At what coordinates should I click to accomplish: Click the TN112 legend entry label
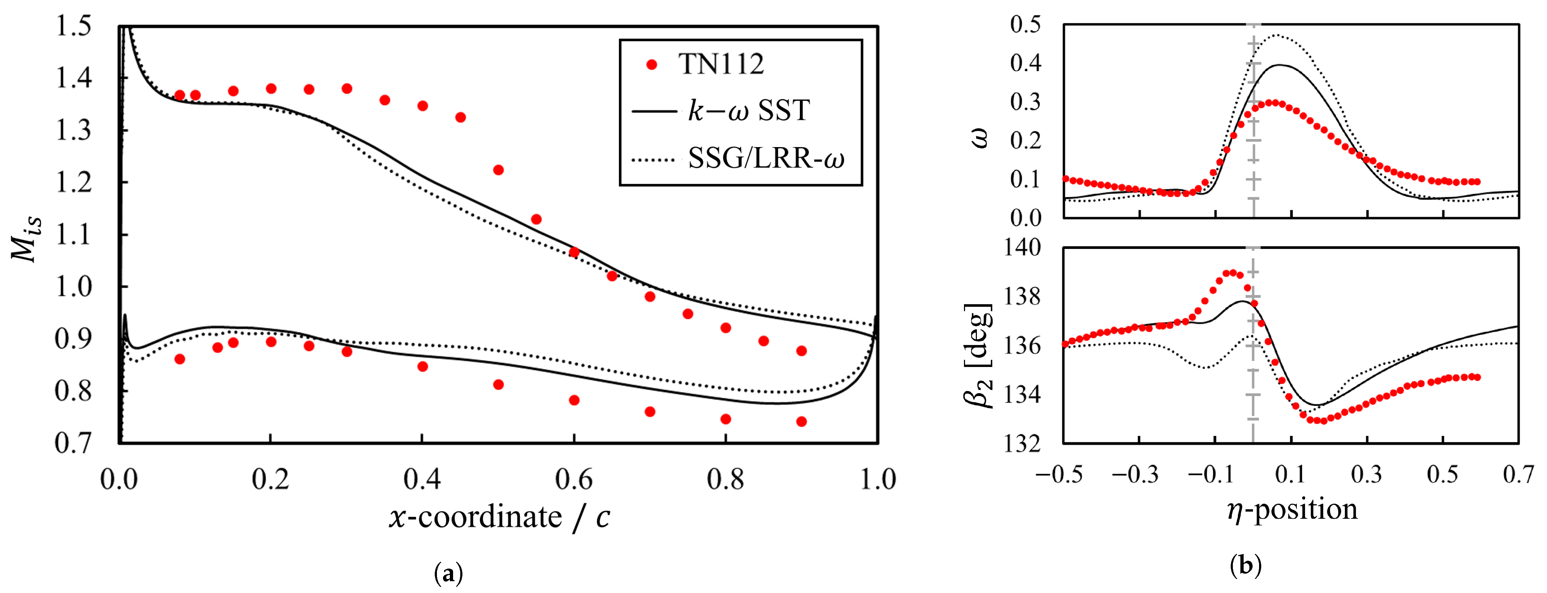[x=721, y=64]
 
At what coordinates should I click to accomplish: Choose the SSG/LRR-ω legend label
[x=766, y=159]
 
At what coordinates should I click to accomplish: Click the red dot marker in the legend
[x=652, y=64]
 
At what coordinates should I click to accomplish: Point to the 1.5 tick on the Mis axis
[x=73, y=27]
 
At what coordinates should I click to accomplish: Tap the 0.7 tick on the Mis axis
[x=73, y=443]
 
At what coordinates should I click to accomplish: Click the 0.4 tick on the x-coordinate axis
[x=422, y=479]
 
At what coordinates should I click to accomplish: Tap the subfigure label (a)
[x=448, y=574]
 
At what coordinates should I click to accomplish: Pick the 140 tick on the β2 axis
[x=1022, y=247]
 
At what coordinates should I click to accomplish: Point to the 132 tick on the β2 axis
[x=1022, y=443]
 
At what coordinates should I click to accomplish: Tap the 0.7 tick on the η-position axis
[x=1519, y=475]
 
